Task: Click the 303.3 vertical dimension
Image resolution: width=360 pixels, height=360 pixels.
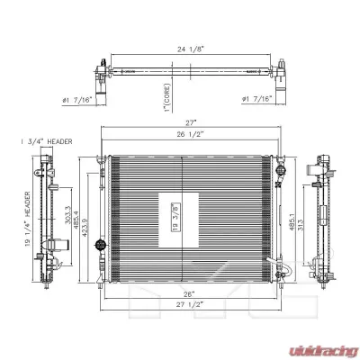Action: coord(68,215)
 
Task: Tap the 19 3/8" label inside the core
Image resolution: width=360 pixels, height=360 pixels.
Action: coord(175,217)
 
